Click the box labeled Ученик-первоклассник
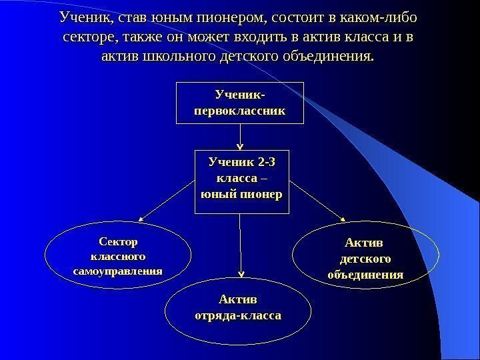tap(239, 103)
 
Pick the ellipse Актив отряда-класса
tap(237, 307)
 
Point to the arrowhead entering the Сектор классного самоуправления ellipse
tap(142, 218)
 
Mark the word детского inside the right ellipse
tap(367, 258)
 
